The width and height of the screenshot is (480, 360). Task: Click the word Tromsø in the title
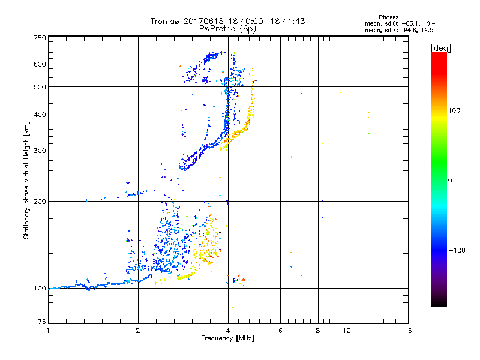166,21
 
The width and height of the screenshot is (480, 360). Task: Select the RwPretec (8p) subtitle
228,28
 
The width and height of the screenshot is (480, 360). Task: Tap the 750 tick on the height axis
40,38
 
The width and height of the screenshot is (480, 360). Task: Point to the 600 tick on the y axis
40,64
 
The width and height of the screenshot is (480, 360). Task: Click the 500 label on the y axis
40,87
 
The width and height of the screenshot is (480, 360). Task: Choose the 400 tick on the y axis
40,115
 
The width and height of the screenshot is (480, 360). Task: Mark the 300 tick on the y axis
40,151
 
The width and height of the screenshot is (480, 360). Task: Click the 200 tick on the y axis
40,202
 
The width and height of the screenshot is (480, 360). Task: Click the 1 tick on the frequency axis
48,331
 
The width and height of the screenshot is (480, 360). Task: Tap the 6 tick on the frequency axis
281,331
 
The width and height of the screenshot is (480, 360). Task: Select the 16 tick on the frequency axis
408,331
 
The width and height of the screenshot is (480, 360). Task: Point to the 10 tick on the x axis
347,331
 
